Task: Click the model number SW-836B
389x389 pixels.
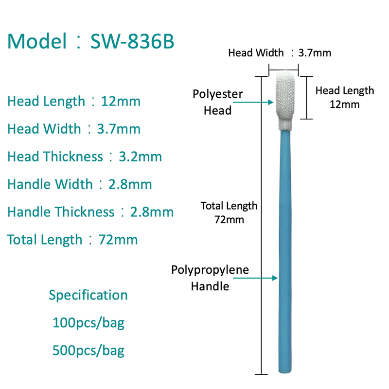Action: pos(132,42)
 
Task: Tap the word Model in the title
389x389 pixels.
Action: pos(37,42)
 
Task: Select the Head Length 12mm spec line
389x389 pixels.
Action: pos(73,102)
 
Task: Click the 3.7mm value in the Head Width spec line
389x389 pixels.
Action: pos(119,129)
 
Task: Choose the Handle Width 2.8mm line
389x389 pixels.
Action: pos(79,184)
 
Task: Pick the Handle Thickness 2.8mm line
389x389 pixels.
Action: pos(90,212)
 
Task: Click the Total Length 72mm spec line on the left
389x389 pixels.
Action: pos(72,239)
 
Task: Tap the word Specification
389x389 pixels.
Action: pos(88,295)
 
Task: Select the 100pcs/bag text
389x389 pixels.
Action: pos(88,323)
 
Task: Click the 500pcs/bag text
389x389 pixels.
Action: pos(88,351)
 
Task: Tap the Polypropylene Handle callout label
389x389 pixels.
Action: pos(210,278)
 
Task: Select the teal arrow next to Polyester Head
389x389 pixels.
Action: pos(261,103)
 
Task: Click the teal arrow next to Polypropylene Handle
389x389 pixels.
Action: pos(267,278)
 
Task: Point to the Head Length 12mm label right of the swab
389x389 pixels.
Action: pos(345,97)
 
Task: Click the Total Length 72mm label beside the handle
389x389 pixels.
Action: pos(230,212)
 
